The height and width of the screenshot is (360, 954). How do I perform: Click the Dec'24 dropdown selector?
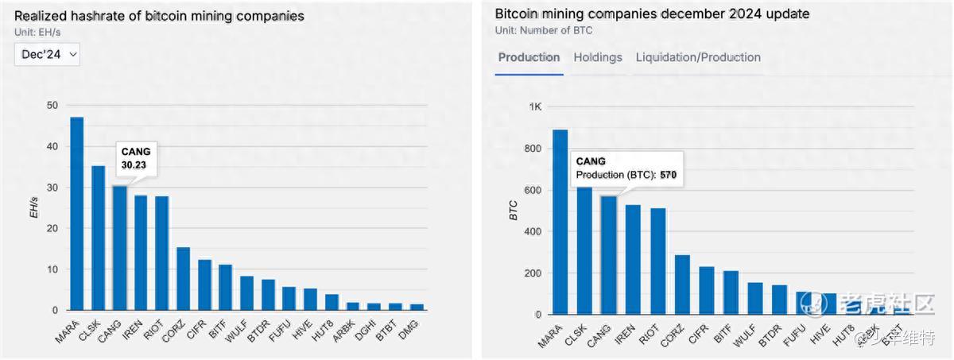tap(47, 54)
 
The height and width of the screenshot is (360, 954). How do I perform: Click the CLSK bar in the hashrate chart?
tap(99, 238)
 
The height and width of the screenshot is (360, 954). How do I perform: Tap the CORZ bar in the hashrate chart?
tap(184, 279)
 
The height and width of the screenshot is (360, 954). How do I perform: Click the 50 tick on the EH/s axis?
tap(52, 106)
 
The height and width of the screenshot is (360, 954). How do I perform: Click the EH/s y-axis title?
tap(34, 208)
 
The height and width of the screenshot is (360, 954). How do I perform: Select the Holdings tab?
tap(598, 57)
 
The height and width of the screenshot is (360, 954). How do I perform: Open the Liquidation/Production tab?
tap(698, 57)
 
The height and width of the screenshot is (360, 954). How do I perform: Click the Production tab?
tap(529, 57)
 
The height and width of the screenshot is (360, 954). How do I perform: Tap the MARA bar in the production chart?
tap(560, 222)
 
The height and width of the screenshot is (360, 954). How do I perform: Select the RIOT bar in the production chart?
tap(658, 261)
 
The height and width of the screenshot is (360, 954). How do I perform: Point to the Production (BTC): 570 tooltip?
tap(626, 168)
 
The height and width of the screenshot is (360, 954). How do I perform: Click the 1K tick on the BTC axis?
tap(534, 107)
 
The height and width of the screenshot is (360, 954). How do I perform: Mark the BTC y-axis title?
tap(514, 211)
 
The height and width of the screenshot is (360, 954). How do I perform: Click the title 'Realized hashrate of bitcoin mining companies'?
tap(159, 17)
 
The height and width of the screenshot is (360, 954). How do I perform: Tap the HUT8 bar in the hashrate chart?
tap(332, 302)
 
